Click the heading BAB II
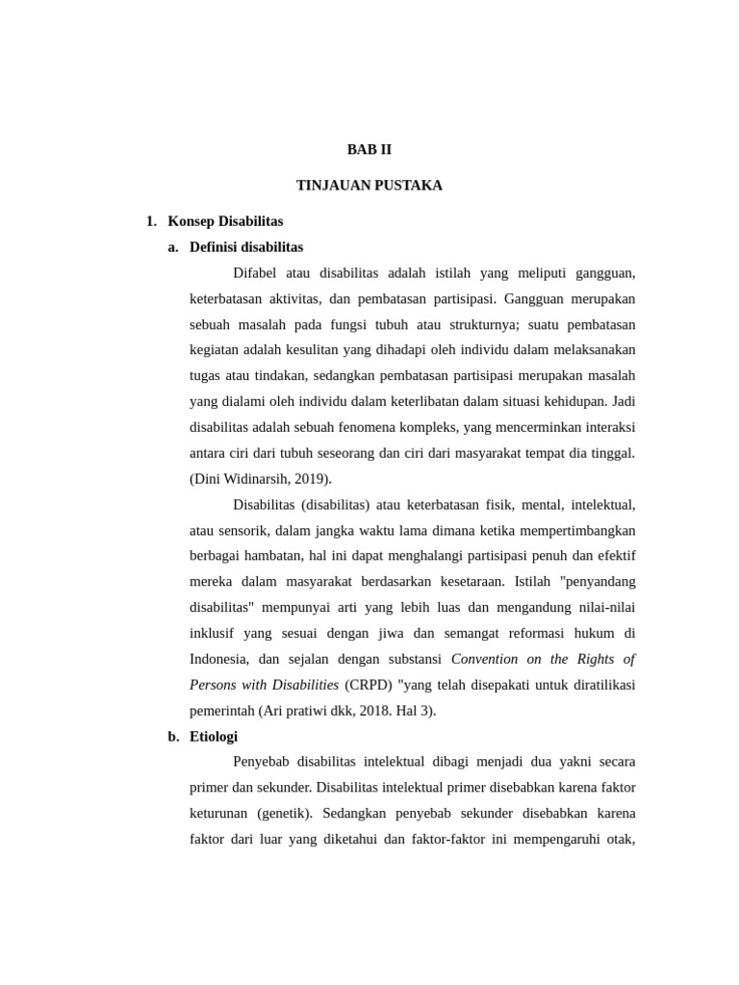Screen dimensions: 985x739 click(x=369, y=150)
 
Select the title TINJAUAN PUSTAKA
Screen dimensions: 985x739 click(x=369, y=186)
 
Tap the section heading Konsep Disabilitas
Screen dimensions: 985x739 click(x=225, y=221)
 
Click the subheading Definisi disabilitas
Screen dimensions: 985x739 click(x=246, y=247)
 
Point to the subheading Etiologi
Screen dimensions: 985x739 click(x=214, y=737)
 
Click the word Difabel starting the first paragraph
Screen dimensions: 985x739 click(x=256, y=273)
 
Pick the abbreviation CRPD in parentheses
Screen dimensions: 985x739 click(x=364, y=685)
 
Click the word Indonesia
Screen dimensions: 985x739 click(x=220, y=659)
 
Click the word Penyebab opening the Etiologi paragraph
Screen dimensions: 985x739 click(x=262, y=762)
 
